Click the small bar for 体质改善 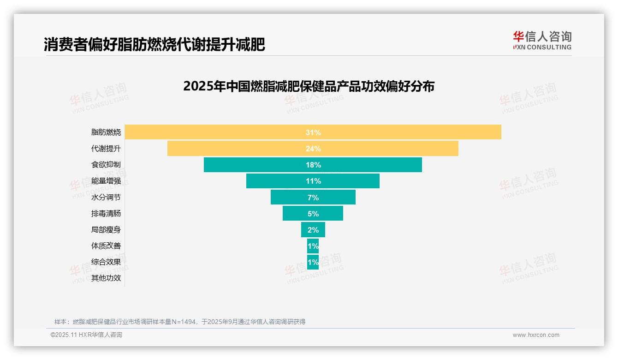(313, 246)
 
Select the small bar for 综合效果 (313, 262)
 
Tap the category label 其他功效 (106, 278)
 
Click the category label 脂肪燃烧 (106, 132)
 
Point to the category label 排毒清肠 (106, 214)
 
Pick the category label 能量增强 (106, 181)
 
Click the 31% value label (313, 132)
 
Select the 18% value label (313, 165)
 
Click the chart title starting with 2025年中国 (309, 86)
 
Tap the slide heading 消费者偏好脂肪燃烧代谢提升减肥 (154, 45)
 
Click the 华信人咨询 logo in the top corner (542, 40)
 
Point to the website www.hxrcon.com (536, 335)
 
